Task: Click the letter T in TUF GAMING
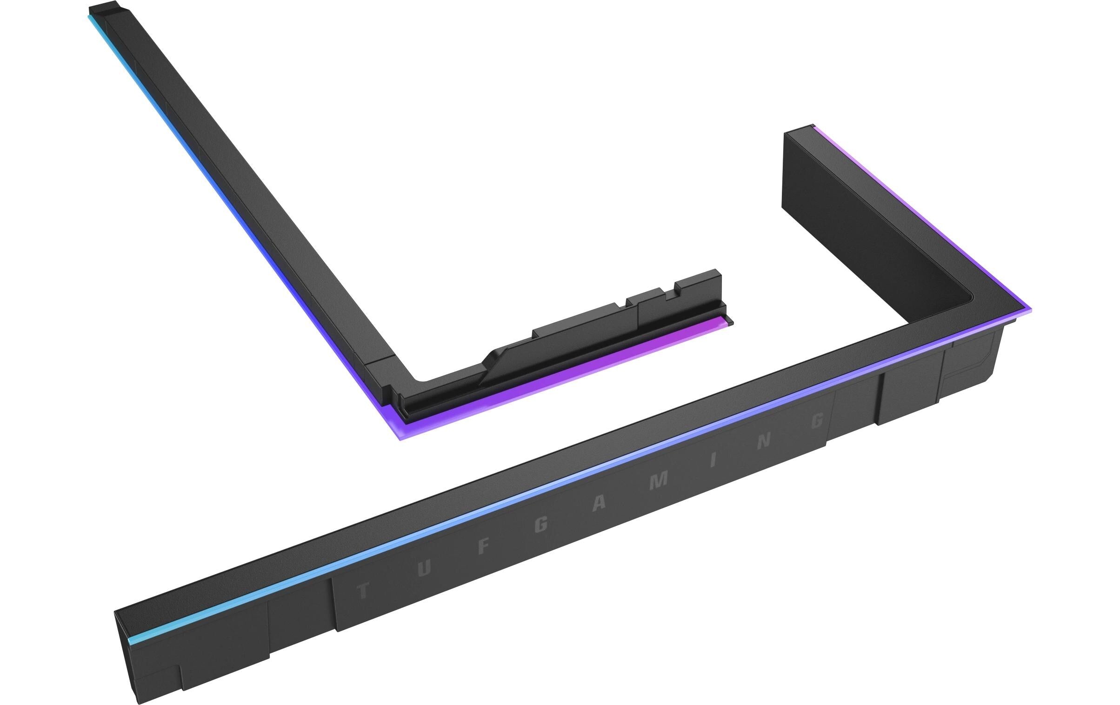pyautogui.click(x=363, y=592)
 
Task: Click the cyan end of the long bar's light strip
pyautogui.click(x=140, y=639)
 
